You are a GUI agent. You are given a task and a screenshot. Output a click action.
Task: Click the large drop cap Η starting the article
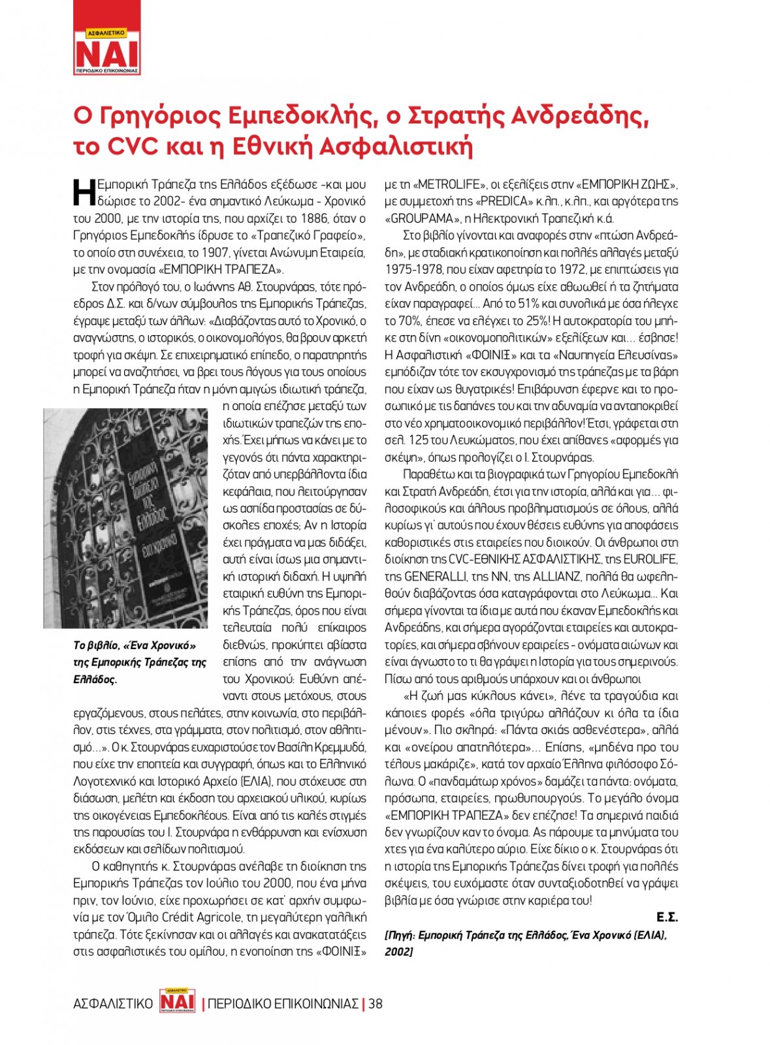pyautogui.click(x=84, y=193)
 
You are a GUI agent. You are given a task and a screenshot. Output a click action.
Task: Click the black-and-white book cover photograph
pyautogui.click(x=125, y=518)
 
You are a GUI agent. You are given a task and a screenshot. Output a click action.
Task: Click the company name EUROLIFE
pyautogui.click(x=650, y=559)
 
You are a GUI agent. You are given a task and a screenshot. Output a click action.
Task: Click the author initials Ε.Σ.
pyautogui.click(x=667, y=918)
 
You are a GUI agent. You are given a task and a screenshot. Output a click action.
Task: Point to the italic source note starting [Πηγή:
pyautogui.click(x=525, y=943)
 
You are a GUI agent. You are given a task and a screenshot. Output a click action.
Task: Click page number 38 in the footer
pyautogui.click(x=376, y=1004)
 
